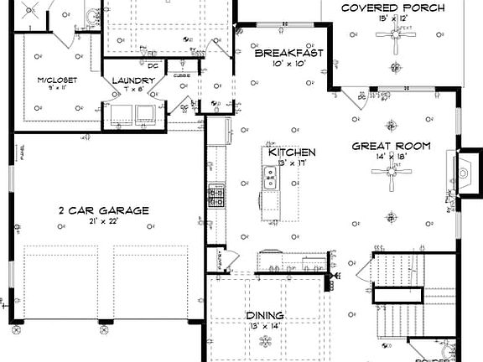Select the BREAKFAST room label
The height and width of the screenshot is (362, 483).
(x=288, y=53)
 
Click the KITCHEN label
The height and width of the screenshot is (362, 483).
(x=292, y=153)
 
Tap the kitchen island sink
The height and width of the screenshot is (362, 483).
(x=271, y=176)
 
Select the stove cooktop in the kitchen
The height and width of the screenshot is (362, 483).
(x=216, y=196)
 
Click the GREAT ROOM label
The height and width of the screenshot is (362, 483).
(x=391, y=146)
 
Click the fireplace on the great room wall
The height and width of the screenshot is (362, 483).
(x=461, y=173)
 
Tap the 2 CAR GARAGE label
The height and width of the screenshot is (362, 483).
(x=103, y=210)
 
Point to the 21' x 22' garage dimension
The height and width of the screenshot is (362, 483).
(x=104, y=221)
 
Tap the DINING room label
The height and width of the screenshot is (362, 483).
(x=264, y=316)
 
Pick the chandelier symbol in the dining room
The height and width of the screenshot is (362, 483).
(x=266, y=341)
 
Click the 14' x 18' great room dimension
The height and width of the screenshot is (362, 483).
(x=391, y=157)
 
